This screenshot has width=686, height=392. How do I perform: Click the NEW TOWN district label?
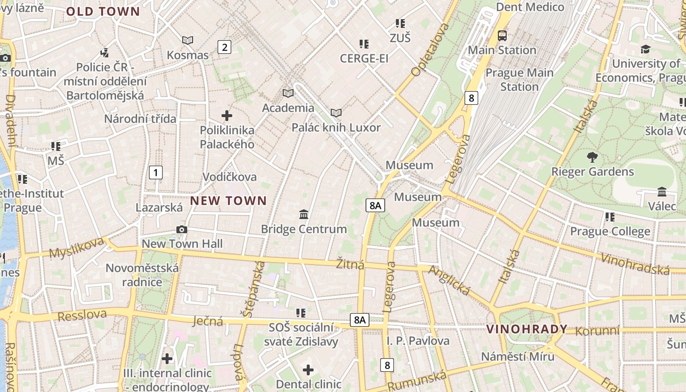coord(228,200)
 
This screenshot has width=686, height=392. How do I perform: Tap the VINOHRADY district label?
coord(527,329)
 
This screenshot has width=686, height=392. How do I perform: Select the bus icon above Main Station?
coord(502,36)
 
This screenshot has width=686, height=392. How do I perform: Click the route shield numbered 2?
coord(224,47)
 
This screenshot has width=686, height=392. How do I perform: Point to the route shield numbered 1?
coord(155,172)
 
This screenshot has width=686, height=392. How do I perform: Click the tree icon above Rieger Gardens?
coord(592,157)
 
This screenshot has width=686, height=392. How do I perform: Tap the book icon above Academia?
coord(288,93)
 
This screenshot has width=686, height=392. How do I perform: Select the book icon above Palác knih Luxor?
coord(336,113)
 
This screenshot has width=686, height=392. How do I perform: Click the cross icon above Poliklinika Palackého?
coord(227,116)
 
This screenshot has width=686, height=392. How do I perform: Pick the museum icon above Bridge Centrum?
coord(304,215)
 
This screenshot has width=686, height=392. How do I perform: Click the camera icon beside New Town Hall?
coord(182,229)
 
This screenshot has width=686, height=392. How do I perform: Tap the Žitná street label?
coord(350,265)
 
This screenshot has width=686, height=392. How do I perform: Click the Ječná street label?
coord(208,321)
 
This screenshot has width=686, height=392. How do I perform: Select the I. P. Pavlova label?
coord(418,341)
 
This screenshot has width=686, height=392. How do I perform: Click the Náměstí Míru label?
coord(517,356)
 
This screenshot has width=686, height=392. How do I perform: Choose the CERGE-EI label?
coord(364,58)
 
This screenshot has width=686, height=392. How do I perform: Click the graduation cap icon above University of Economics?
coord(645,49)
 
